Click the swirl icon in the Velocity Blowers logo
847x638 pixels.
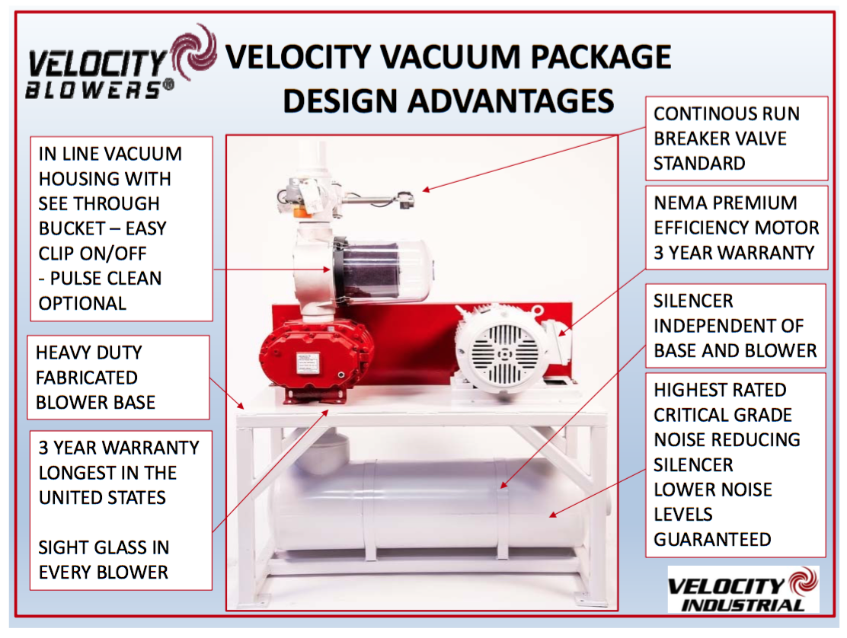coord(193,52)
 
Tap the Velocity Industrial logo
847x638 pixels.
coord(743,589)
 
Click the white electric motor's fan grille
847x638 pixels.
coord(504,353)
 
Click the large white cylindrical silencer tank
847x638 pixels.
coord(432,507)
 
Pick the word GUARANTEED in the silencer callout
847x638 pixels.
coord(712,539)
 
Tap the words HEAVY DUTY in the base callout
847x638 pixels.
coord(89,352)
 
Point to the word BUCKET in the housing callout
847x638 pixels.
coord(72,228)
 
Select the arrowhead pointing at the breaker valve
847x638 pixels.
coord(427,189)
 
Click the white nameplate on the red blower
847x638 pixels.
coord(308,362)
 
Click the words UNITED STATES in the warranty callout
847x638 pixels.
coord(102,497)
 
